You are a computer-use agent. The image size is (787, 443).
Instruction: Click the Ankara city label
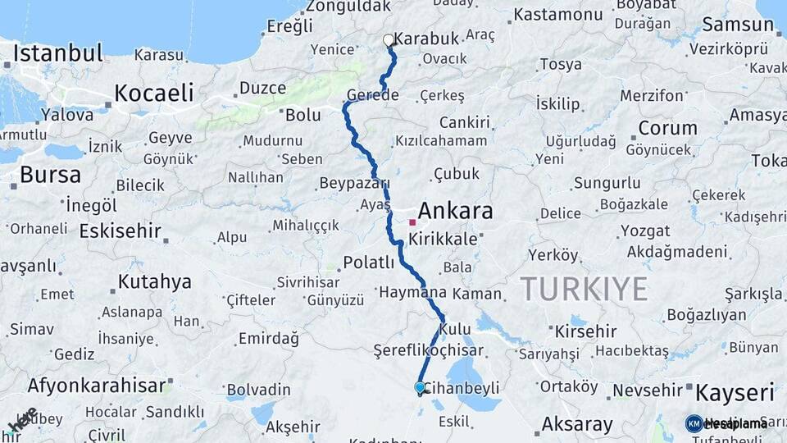(456, 212)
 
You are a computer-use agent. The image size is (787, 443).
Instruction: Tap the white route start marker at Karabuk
(389, 39)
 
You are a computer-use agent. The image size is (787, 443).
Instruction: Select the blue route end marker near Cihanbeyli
(420, 387)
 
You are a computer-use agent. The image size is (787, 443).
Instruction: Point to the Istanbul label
(58, 54)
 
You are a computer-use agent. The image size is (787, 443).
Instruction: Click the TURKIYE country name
(585, 289)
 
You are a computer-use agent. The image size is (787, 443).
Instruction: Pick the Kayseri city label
(735, 393)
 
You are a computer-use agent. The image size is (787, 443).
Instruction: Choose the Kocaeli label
(154, 92)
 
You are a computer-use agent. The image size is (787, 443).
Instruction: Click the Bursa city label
(50, 175)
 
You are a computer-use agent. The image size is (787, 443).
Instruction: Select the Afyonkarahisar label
(96, 385)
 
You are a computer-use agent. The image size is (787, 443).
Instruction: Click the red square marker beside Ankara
(412, 221)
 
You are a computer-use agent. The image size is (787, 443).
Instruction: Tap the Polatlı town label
(368, 263)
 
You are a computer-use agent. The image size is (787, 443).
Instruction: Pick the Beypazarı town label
(353, 182)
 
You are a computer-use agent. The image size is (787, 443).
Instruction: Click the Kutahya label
(155, 282)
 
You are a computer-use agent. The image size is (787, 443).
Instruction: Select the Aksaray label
(577, 425)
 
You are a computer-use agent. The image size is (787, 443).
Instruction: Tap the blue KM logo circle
(694, 423)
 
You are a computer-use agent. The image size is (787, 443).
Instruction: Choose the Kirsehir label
(585, 331)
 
